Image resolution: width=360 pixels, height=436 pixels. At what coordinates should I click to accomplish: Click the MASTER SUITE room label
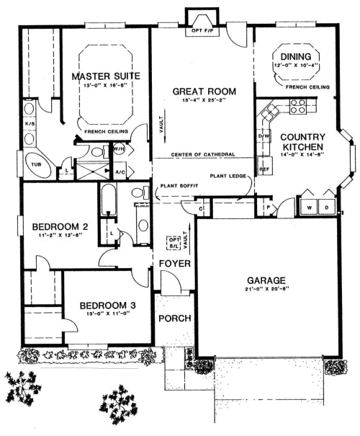pos(106,76)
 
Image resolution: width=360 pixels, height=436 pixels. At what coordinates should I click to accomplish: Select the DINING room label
pos(297,56)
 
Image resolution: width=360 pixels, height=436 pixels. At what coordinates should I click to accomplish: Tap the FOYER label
pos(175,264)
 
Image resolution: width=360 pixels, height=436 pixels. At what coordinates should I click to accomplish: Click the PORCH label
pos(174,318)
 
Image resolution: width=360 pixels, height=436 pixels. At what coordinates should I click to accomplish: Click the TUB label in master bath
pos(35,165)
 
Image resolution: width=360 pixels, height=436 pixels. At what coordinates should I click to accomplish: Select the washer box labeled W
pos(309,208)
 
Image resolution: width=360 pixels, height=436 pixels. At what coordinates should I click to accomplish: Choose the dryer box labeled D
pos(326,208)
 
